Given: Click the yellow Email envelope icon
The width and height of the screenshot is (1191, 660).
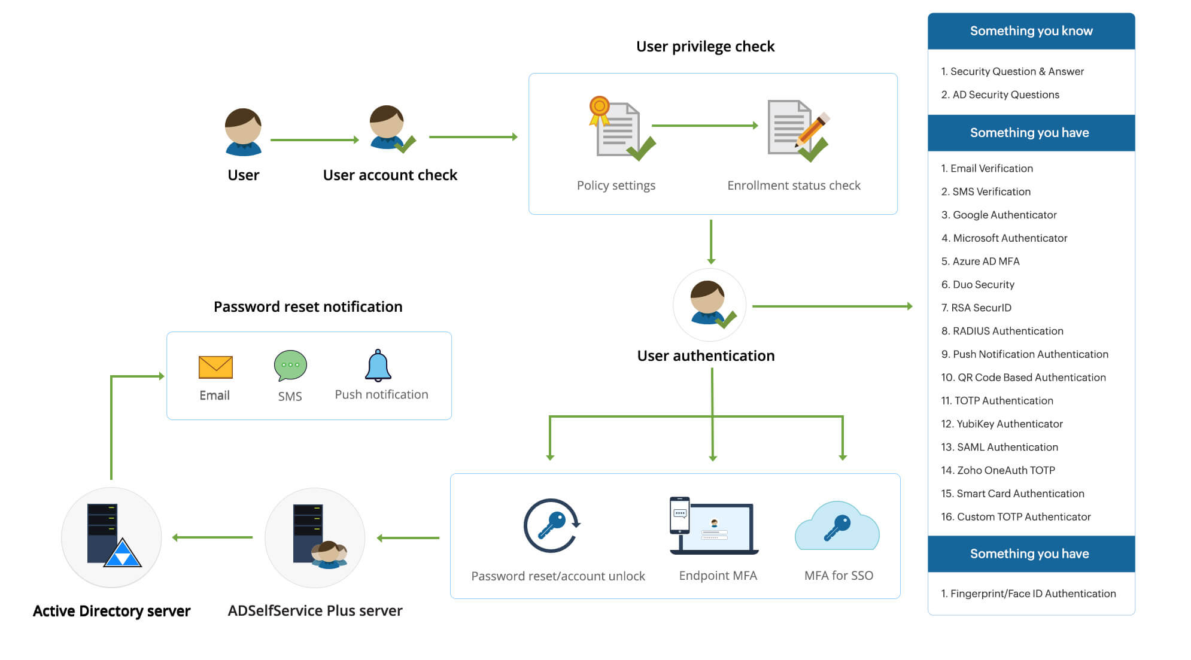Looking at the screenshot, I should pos(215,367).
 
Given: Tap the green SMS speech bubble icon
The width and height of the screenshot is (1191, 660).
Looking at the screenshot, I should pos(290,365).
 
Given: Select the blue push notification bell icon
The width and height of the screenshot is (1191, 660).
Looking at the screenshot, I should pos(378,366).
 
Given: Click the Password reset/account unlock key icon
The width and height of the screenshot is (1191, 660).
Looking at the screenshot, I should pos(551,525).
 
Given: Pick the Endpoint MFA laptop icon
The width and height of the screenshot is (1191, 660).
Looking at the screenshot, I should pos(713,525).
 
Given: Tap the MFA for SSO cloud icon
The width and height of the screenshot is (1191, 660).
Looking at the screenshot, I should pos(837,527).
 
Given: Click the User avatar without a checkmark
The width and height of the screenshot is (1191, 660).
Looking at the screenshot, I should pos(243,132).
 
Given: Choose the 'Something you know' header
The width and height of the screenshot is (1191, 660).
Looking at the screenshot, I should pos(1031,31).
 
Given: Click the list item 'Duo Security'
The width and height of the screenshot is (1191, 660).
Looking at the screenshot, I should pos(983,284).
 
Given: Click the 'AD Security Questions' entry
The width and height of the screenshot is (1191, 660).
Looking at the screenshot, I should pos(1005,95).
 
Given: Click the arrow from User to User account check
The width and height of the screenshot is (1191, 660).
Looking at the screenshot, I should pos(314,140).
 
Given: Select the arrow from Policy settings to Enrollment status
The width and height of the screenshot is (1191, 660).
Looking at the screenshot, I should pos(704,126).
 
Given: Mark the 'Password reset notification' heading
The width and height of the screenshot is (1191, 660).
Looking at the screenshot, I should pos(308,307).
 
